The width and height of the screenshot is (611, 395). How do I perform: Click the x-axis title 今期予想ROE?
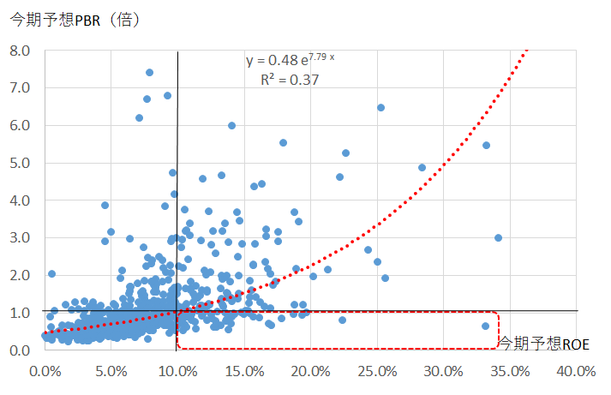tap(544, 344)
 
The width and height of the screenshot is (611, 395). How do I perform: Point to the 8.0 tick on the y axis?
tap(19, 51)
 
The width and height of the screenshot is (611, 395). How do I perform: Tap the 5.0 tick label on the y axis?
tap(19, 163)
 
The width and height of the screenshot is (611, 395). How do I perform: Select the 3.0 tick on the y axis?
tap(19, 237)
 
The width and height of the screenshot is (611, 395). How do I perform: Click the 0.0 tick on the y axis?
tap(19, 350)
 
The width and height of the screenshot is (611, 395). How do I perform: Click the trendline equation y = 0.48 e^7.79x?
tap(291, 60)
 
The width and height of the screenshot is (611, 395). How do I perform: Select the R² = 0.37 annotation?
tap(290, 80)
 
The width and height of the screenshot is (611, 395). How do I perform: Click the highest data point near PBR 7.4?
tap(149, 72)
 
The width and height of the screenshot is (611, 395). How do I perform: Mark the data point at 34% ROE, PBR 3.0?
tap(498, 237)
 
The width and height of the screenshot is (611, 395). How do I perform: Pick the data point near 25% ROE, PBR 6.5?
tap(380, 108)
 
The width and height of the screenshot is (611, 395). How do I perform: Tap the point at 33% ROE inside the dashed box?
tap(485, 326)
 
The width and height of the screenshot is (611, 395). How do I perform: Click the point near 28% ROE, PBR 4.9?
tap(422, 168)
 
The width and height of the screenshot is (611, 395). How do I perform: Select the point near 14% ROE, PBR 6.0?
tap(231, 125)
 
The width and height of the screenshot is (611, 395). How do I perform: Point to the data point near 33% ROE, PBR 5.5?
tap(486, 145)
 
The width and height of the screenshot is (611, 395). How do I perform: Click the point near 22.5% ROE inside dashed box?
tap(342, 320)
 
